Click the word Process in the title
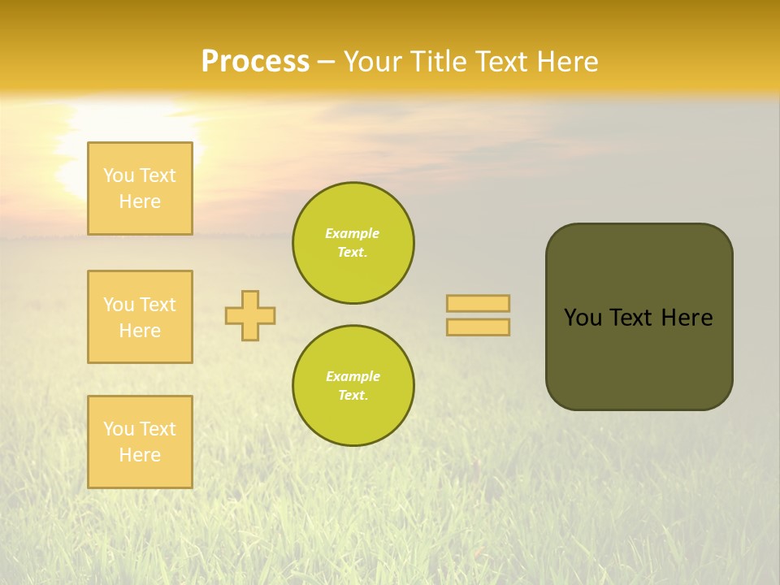[x=255, y=62]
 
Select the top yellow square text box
[x=140, y=188]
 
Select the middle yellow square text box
[x=140, y=317]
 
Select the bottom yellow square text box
[x=140, y=442]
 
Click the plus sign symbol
[x=250, y=315]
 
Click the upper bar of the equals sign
[x=478, y=303]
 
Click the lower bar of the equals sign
[x=478, y=327]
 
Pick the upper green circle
[x=353, y=243]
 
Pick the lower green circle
[x=353, y=385]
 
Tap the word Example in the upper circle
[x=353, y=233]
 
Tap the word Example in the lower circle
[x=353, y=376]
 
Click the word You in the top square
[x=119, y=175]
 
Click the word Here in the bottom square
[x=140, y=455]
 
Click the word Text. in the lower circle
[x=353, y=396]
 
